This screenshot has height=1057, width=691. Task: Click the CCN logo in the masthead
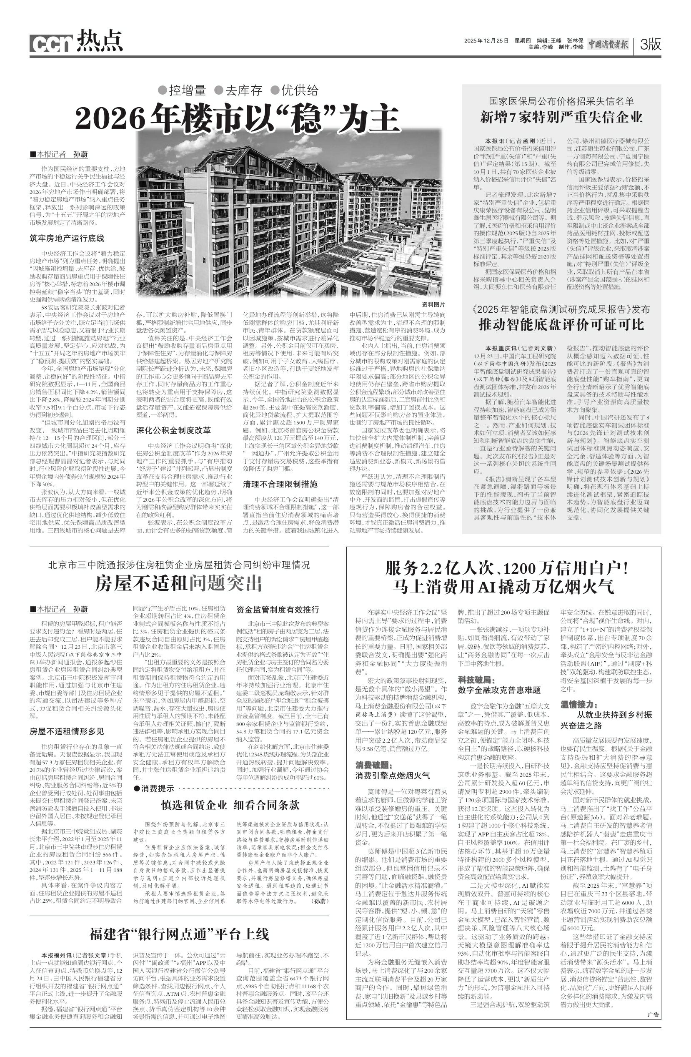52,43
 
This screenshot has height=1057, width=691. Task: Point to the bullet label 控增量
183,90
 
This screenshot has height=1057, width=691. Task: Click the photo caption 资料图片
433,305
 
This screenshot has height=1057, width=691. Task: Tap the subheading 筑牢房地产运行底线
67,239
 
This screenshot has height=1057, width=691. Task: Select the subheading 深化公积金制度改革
173,430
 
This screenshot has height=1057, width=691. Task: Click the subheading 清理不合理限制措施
280,484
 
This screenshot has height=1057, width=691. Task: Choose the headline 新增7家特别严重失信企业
561,117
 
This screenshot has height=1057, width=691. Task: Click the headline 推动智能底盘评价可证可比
561,325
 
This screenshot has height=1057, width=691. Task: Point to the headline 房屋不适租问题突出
179,584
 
